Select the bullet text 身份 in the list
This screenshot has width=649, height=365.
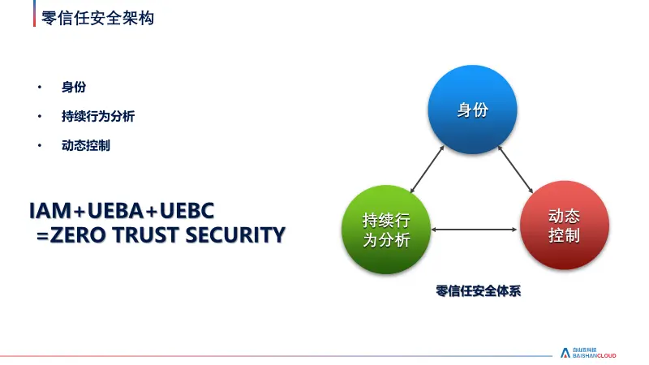pos(73,88)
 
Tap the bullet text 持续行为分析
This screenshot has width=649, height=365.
pos(97,116)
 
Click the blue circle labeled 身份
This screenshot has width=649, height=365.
pos(473,109)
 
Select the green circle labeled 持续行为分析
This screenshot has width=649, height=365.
pos(386,230)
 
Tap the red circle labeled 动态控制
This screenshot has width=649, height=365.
pos(564,225)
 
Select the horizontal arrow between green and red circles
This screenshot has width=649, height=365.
pos(475,230)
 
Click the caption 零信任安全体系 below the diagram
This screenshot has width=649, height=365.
pos(478,290)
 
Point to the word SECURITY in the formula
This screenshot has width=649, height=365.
pos(239,236)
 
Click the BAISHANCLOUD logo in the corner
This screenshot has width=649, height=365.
pos(588,353)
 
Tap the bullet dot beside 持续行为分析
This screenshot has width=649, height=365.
pos(38,117)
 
